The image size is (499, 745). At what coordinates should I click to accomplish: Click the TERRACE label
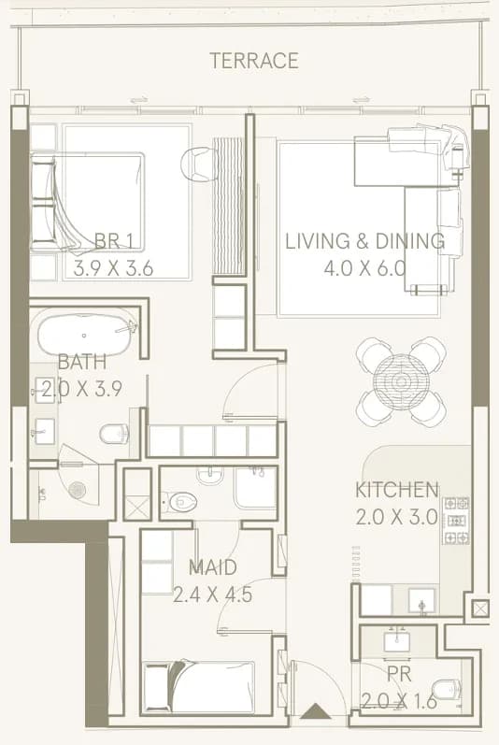[x=254, y=61]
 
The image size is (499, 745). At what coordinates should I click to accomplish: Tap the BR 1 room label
[x=114, y=241]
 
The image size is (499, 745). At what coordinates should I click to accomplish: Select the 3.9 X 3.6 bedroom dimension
[x=113, y=268]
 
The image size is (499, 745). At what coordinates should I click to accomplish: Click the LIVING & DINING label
[x=364, y=241]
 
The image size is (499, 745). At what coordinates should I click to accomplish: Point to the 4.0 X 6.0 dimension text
[x=364, y=268]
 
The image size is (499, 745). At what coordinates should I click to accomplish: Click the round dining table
[x=401, y=381]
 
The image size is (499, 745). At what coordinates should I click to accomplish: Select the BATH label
[x=82, y=362]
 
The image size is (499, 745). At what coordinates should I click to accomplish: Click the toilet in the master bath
[x=114, y=433]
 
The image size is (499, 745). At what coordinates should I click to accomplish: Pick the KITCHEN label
[x=397, y=490]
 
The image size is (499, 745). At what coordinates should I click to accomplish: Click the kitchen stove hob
[x=456, y=521]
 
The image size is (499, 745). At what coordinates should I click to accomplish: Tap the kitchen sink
[x=421, y=601]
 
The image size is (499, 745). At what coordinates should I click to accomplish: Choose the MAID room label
[x=213, y=567]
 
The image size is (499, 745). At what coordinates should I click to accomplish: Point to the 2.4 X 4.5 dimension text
[x=213, y=595]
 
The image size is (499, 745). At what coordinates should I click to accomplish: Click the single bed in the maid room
[x=199, y=686]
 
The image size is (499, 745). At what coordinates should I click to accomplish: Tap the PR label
[x=399, y=674]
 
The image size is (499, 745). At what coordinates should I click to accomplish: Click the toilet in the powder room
[x=448, y=691]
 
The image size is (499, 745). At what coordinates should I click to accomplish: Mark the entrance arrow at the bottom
[x=316, y=710]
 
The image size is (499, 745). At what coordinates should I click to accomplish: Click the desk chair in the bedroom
[x=196, y=164]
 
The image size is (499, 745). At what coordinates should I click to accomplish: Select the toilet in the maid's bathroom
[x=179, y=502]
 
